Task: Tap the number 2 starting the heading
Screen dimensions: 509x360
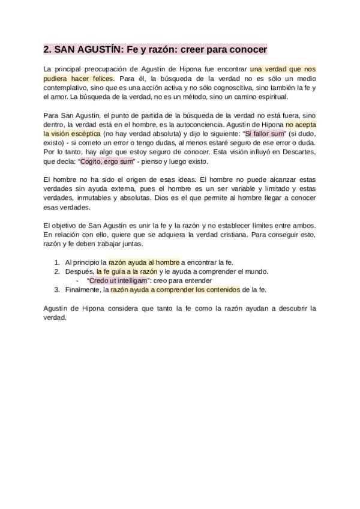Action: coord(47,49)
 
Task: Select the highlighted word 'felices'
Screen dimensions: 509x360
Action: coord(99,79)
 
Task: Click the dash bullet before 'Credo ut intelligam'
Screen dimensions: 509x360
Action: coord(77,280)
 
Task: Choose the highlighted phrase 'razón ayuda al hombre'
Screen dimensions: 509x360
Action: coord(143,262)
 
